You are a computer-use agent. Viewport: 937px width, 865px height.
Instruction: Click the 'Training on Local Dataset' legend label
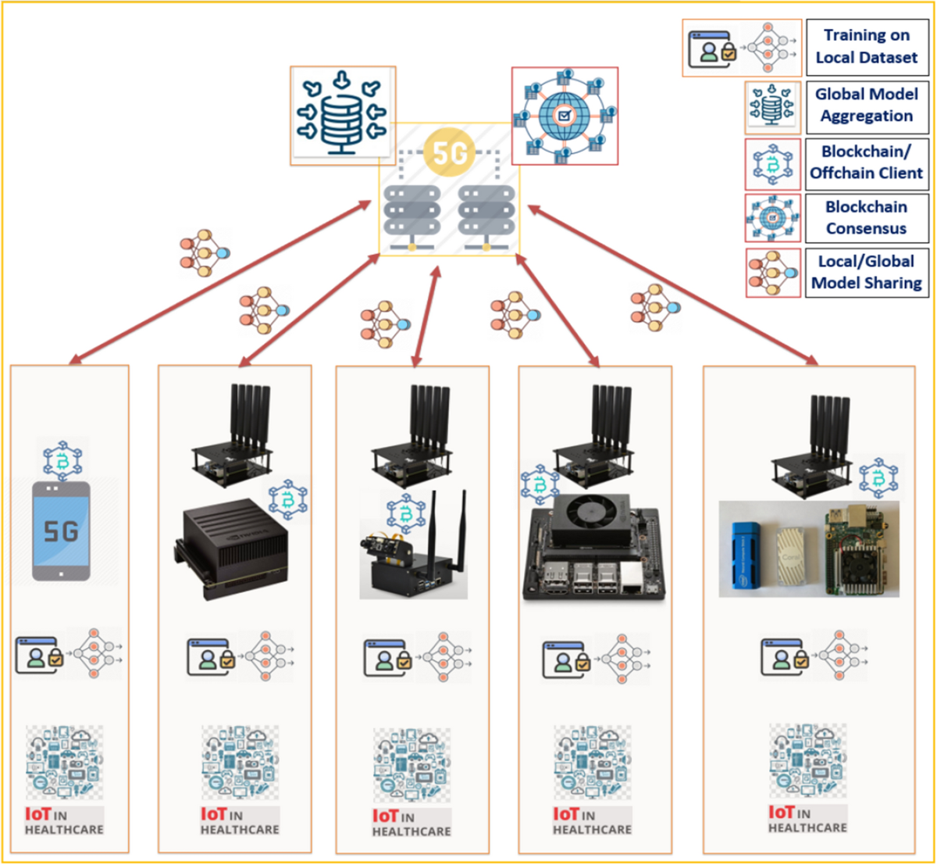tap(866, 46)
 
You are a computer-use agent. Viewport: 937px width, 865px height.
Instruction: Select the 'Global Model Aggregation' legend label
tap(866, 105)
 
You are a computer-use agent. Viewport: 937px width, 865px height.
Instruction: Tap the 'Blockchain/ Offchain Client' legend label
tap(866, 163)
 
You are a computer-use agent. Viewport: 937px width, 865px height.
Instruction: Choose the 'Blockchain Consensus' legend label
tap(866, 218)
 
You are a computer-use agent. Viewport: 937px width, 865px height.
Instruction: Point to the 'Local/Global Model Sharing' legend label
tap(866, 272)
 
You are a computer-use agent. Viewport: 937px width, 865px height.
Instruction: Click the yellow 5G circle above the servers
tap(450, 152)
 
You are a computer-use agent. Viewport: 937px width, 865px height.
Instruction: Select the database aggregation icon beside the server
tap(342, 115)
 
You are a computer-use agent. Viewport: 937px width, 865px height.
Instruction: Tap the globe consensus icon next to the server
tap(565, 116)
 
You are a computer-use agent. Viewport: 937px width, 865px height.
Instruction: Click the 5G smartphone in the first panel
tap(61, 531)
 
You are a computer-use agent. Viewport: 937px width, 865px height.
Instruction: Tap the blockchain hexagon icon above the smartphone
tap(62, 461)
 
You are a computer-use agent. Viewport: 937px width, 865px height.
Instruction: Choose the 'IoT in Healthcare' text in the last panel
tap(807, 820)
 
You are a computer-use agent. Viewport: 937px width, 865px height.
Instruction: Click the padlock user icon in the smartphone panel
tap(37, 654)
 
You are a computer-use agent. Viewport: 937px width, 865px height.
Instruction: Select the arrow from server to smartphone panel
tap(219, 283)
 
